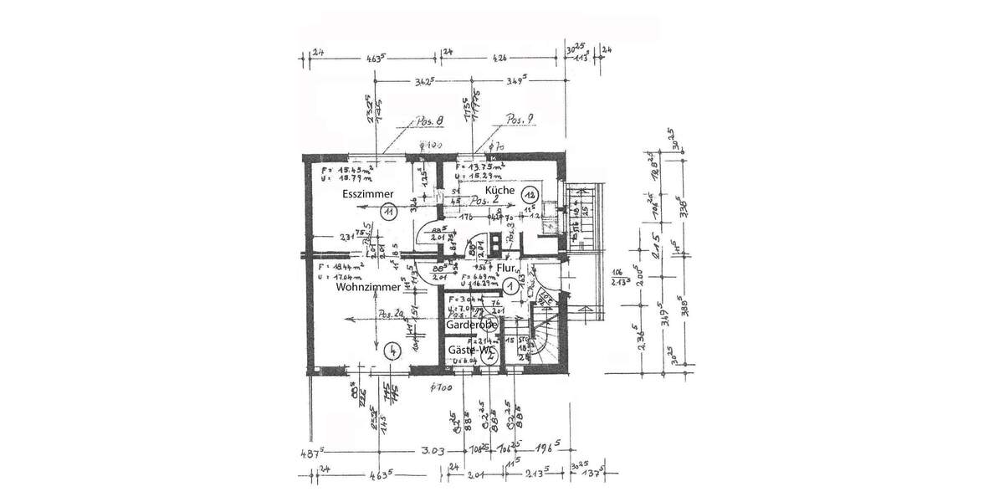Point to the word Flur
point(507,268)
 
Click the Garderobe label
point(472,324)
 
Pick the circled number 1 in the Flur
point(509,285)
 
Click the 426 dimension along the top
point(499,59)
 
